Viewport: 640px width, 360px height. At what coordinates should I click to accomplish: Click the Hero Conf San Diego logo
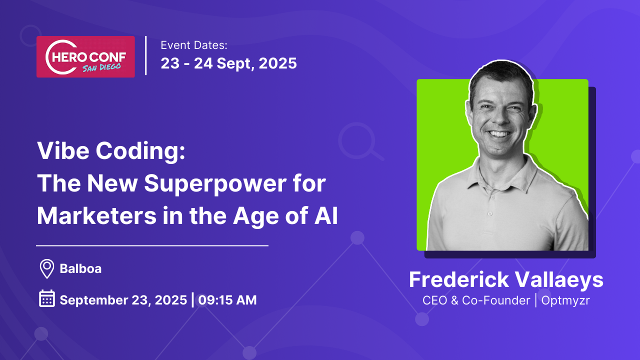(85, 56)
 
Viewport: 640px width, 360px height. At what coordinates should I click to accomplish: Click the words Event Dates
(194, 45)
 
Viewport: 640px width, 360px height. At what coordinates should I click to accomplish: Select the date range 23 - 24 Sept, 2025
(229, 63)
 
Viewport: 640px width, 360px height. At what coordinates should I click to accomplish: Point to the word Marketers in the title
(97, 215)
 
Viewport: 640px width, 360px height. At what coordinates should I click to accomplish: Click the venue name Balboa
(80, 269)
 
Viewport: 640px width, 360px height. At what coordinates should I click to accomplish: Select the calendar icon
(47, 298)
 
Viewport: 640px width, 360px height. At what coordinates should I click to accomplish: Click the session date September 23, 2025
(123, 300)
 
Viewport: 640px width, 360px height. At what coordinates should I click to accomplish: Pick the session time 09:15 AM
(227, 300)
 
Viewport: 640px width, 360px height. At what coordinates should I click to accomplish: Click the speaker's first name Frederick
(459, 279)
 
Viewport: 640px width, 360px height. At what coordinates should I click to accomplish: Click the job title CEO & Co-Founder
(476, 300)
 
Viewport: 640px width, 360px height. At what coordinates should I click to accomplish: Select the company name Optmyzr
(565, 301)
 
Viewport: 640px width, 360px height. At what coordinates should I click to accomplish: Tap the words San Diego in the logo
(101, 67)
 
